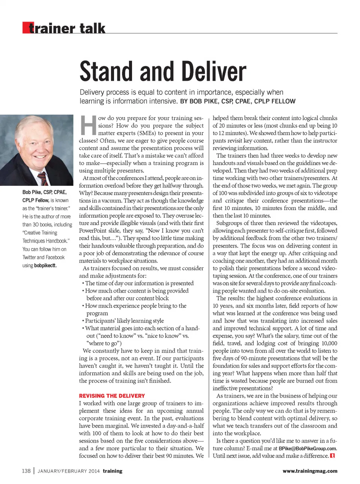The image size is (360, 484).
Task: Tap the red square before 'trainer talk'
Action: pyautogui.click(x=25, y=28)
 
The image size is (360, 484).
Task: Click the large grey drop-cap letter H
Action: pyautogui.click(x=88, y=125)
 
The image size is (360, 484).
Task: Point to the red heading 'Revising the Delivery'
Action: pyautogui.click(x=112, y=396)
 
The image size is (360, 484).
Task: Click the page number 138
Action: pyautogui.click(x=26, y=471)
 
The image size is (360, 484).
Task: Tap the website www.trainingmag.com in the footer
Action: pyautogui.click(x=310, y=471)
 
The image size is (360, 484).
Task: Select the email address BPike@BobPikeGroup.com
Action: pyautogui.click(x=307, y=448)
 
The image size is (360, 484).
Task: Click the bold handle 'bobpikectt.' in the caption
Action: pyautogui.click(x=45, y=266)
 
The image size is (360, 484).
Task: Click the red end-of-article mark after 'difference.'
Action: pyautogui.click(x=333, y=456)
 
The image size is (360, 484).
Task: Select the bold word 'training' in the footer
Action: pyautogui.click(x=112, y=471)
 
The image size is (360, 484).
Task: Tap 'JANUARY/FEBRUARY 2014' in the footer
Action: pyautogui.click(x=69, y=471)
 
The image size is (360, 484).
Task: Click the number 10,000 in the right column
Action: pyautogui.click(x=329, y=343)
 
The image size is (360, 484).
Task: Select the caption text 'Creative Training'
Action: pyautogui.click(x=40, y=233)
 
